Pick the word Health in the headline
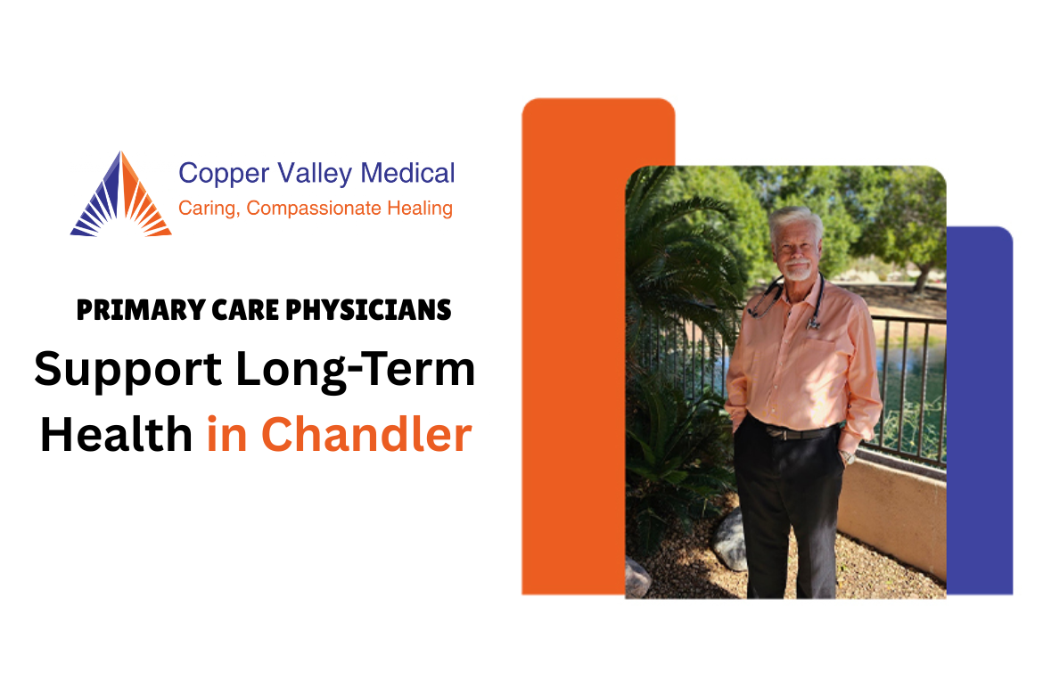116,435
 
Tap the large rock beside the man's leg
729,541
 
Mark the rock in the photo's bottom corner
636,579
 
